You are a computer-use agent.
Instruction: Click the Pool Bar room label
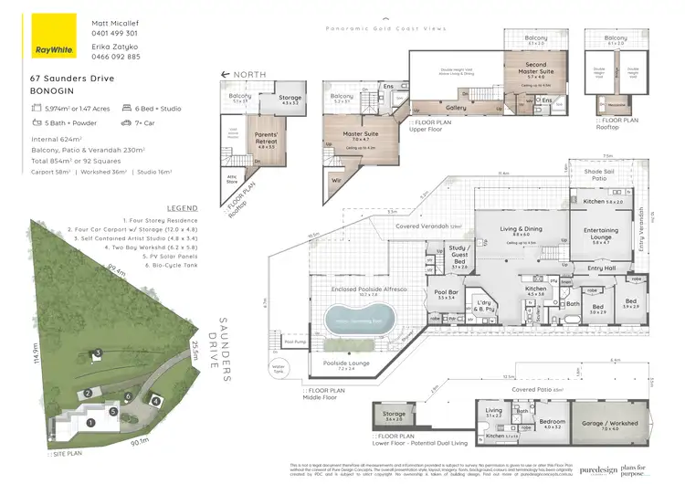(x=447, y=295)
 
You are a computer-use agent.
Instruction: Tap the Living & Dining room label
(x=521, y=231)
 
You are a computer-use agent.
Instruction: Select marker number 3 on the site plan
(x=97, y=353)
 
